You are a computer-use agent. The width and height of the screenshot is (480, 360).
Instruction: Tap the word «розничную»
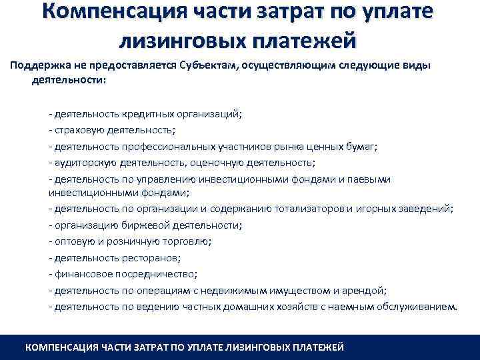pos(136,241)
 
